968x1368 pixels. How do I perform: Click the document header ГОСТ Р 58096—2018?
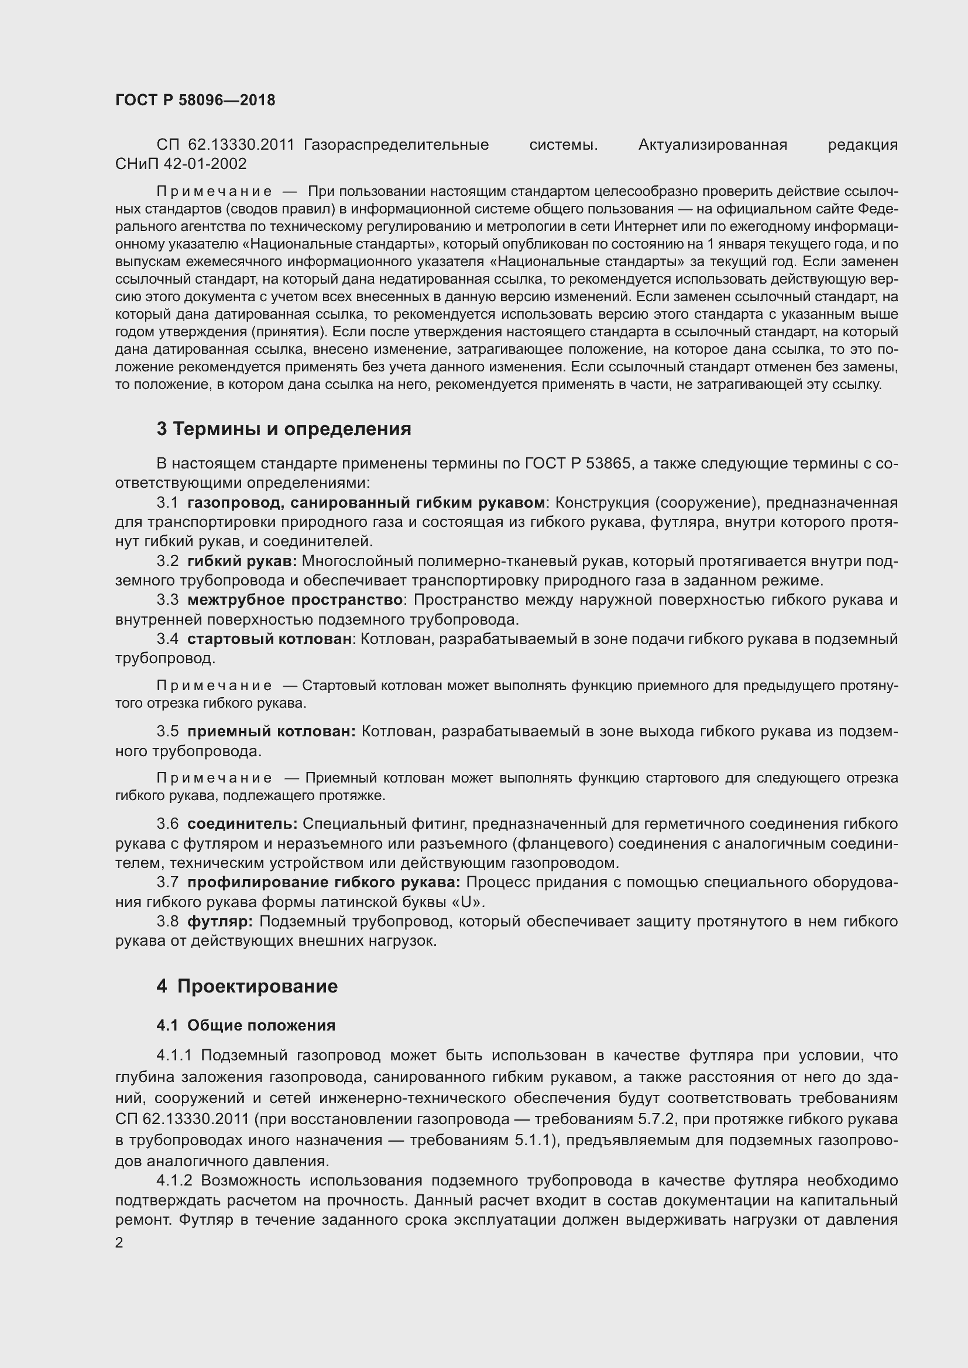pyautogui.click(x=195, y=100)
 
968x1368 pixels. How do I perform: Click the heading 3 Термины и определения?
pyautogui.click(x=284, y=429)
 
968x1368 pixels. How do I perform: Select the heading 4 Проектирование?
pyautogui.click(x=247, y=986)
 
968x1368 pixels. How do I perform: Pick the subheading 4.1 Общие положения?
pyautogui.click(x=246, y=1025)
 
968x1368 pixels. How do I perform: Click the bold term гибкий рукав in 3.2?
pyautogui.click(x=241, y=561)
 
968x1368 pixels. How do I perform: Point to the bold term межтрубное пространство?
pyautogui.click(x=295, y=600)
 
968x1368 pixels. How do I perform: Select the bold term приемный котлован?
pyautogui.click(x=271, y=731)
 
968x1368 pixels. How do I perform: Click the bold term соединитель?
pyautogui.click(x=242, y=824)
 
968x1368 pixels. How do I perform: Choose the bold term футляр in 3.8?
pyautogui.click(x=220, y=922)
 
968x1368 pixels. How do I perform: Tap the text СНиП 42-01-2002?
pyautogui.click(x=181, y=164)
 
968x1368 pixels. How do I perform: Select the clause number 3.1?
pyautogui.click(x=167, y=503)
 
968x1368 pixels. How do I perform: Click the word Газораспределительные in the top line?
pyautogui.click(x=396, y=145)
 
